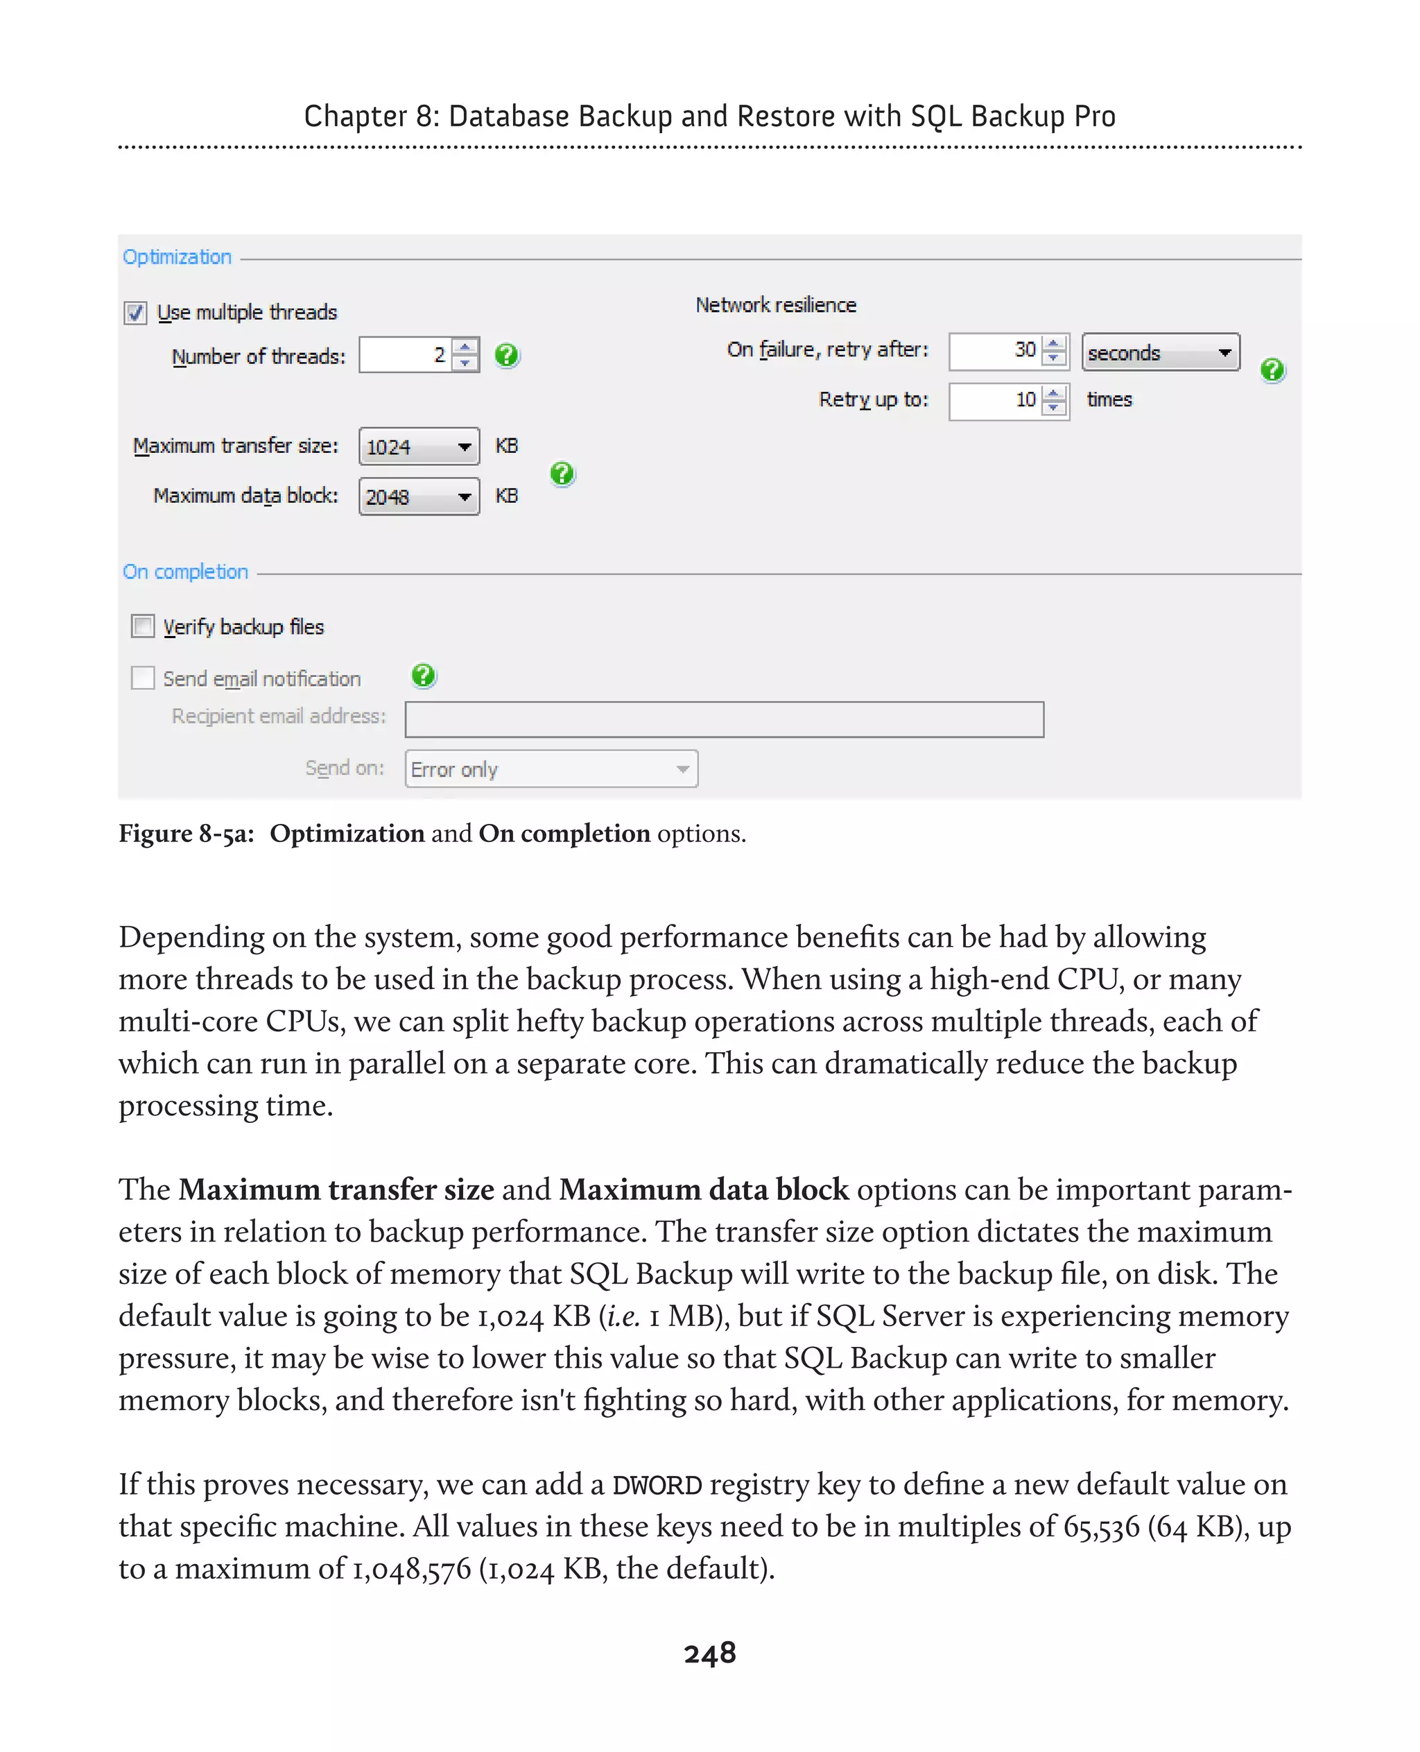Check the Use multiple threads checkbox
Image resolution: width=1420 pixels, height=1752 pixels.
click(136, 314)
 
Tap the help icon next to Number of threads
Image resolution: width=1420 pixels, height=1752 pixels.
click(507, 355)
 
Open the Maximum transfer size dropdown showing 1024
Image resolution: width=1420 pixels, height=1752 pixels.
click(419, 447)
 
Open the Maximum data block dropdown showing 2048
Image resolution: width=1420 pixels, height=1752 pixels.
click(419, 497)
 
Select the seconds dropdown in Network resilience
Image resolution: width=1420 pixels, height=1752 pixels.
click(1160, 353)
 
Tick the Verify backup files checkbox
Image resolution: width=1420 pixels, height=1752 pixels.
click(143, 627)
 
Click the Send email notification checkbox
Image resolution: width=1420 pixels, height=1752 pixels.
click(143, 678)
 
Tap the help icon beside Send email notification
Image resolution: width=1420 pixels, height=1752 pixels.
click(424, 676)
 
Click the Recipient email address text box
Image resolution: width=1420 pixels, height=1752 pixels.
click(724, 719)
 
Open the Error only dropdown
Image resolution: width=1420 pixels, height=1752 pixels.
click(551, 769)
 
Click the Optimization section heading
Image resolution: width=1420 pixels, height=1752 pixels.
click(177, 257)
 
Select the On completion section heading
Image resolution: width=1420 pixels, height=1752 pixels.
click(186, 572)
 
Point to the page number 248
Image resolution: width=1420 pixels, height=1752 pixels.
click(710, 1654)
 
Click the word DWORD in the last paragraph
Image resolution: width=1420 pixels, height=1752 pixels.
click(657, 1485)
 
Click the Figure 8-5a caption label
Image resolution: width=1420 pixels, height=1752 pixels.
click(187, 834)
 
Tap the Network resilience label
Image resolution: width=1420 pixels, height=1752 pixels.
click(775, 305)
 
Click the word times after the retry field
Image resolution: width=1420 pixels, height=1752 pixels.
click(1109, 400)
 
